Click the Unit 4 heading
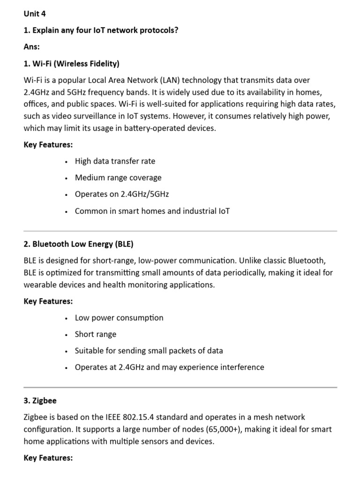point(35,14)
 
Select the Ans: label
point(32,47)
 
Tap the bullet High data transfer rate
point(115,161)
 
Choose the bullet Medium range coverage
point(118,178)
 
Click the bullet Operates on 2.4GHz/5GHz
point(122,194)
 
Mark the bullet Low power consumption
point(119,317)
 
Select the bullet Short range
point(96,334)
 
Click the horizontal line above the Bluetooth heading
point(180,231)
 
